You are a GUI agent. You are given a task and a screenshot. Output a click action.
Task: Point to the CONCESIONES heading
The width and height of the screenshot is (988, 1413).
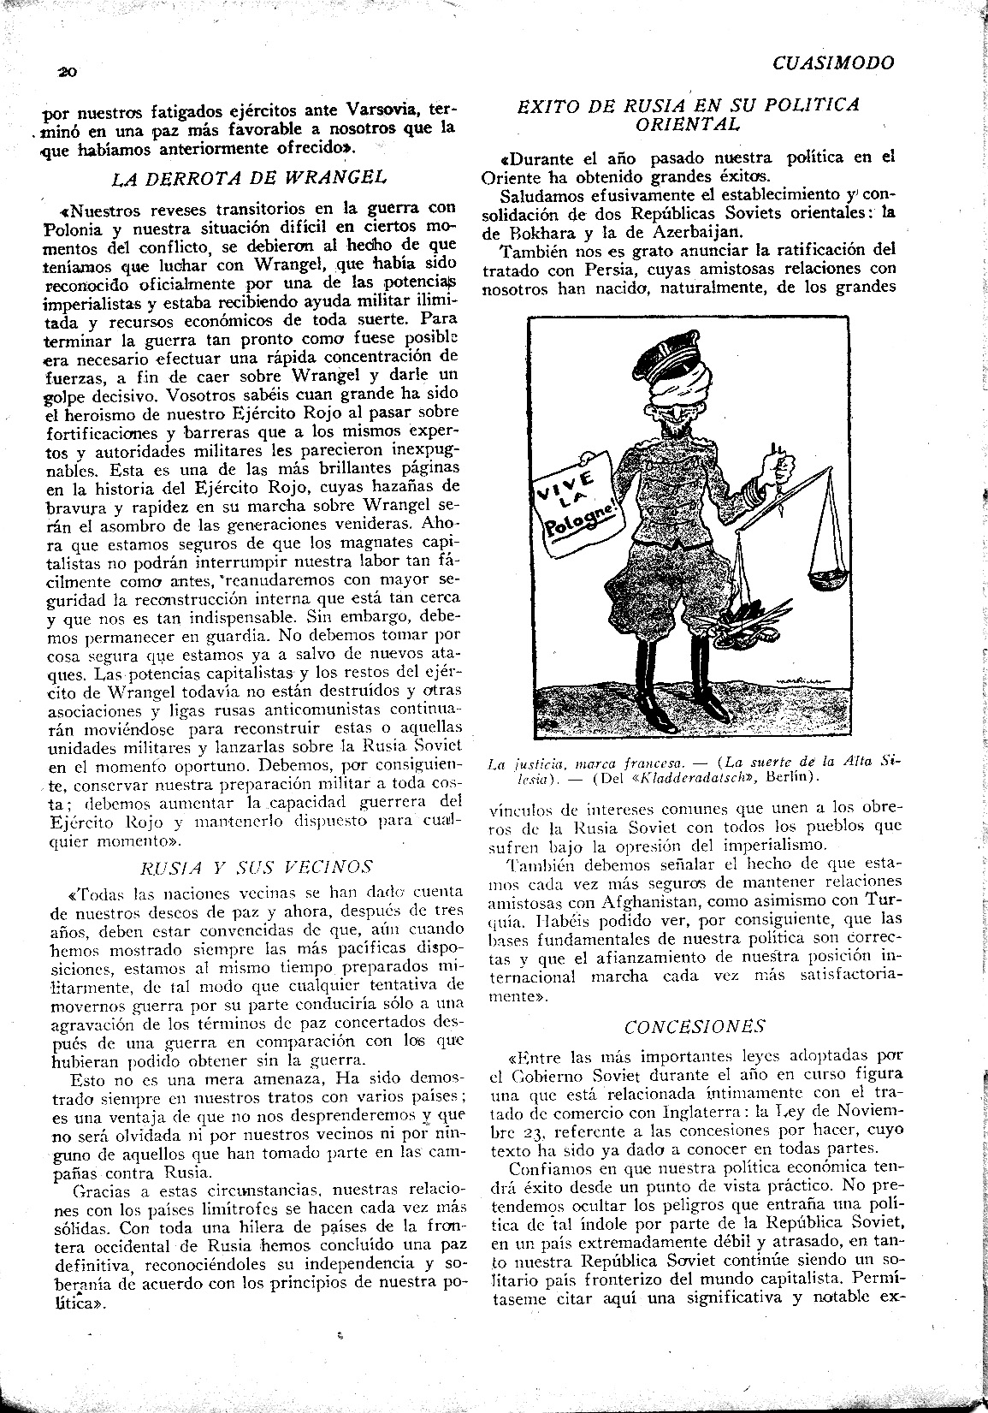pyautogui.click(x=694, y=1027)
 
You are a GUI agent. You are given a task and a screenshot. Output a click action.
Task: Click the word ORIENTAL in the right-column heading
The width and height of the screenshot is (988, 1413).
pyautogui.click(x=688, y=123)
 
